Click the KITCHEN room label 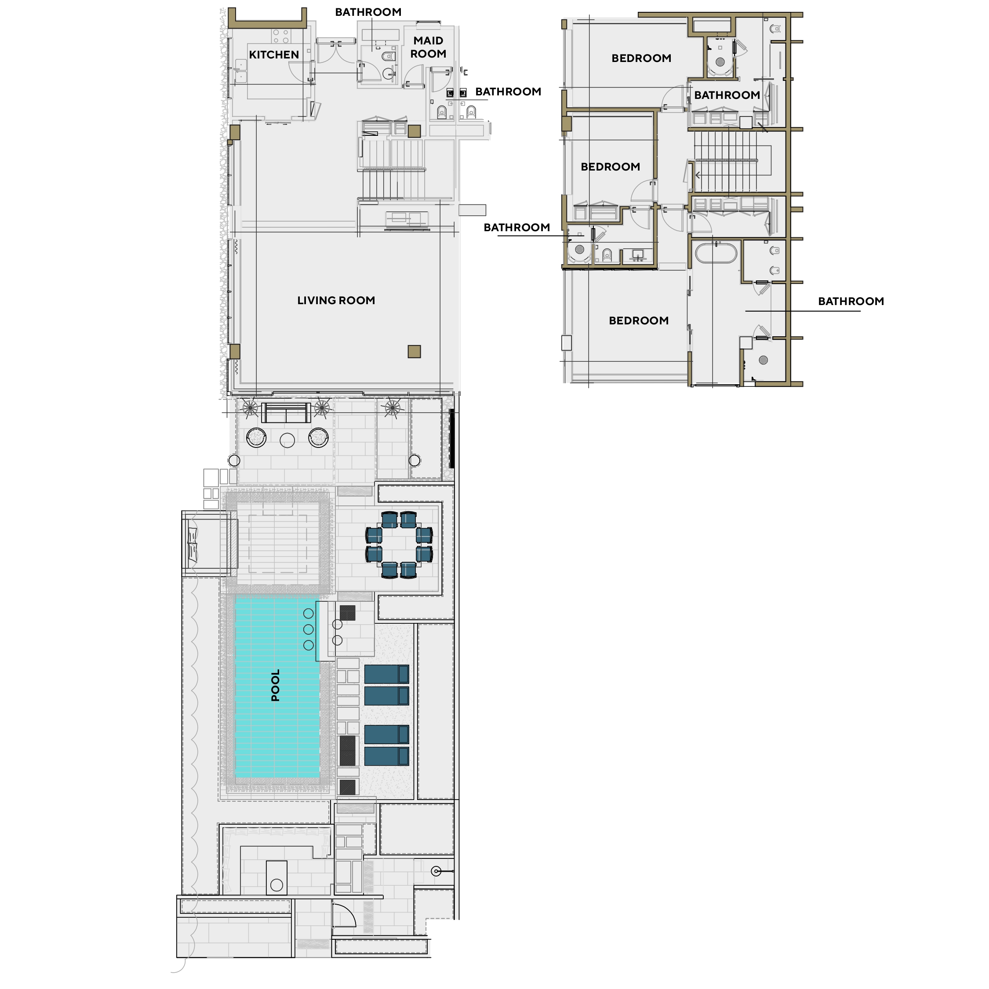pos(274,55)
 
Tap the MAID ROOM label pos(429,47)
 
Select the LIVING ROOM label pos(336,301)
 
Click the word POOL pos(276,685)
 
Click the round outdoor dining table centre pos(399,545)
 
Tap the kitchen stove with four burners pos(281,36)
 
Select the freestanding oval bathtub pos(715,253)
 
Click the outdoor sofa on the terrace pos(286,413)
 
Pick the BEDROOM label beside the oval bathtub pos(638,320)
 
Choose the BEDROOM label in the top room pos(641,58)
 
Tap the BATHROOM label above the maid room pos(368,12)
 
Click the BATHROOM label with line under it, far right pos(851,301)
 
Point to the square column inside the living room pos(414,351)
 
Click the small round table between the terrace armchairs pos(287,440)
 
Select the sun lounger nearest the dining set pos(386,674)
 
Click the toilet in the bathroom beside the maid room pos(389,56)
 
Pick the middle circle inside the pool pos(308,629)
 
